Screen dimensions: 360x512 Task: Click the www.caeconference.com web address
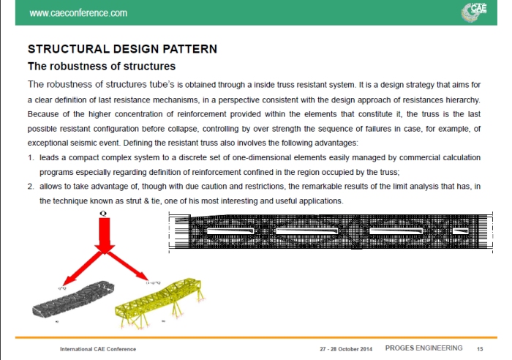coord(78,13)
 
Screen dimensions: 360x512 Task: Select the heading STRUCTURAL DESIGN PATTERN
coord(122,50)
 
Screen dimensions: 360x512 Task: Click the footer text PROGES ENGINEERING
coord(434,348)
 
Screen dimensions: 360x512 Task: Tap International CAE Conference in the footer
coord(98,349)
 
